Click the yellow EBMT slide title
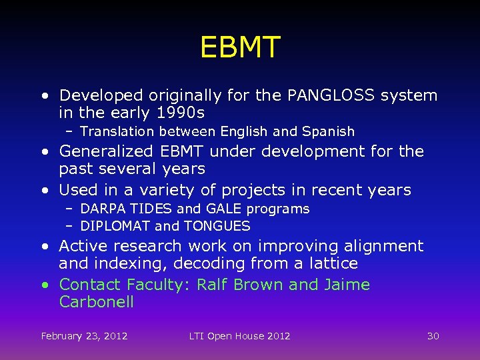[240, 47]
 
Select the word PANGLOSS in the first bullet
[331, 95]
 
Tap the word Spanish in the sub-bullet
[329, 131]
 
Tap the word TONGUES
[217, 226]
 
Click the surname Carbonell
[96, 302]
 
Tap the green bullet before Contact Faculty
[45, 285]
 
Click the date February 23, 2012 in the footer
[84, 336]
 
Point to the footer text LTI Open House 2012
[240, 336]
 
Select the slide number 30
[433, 336]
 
